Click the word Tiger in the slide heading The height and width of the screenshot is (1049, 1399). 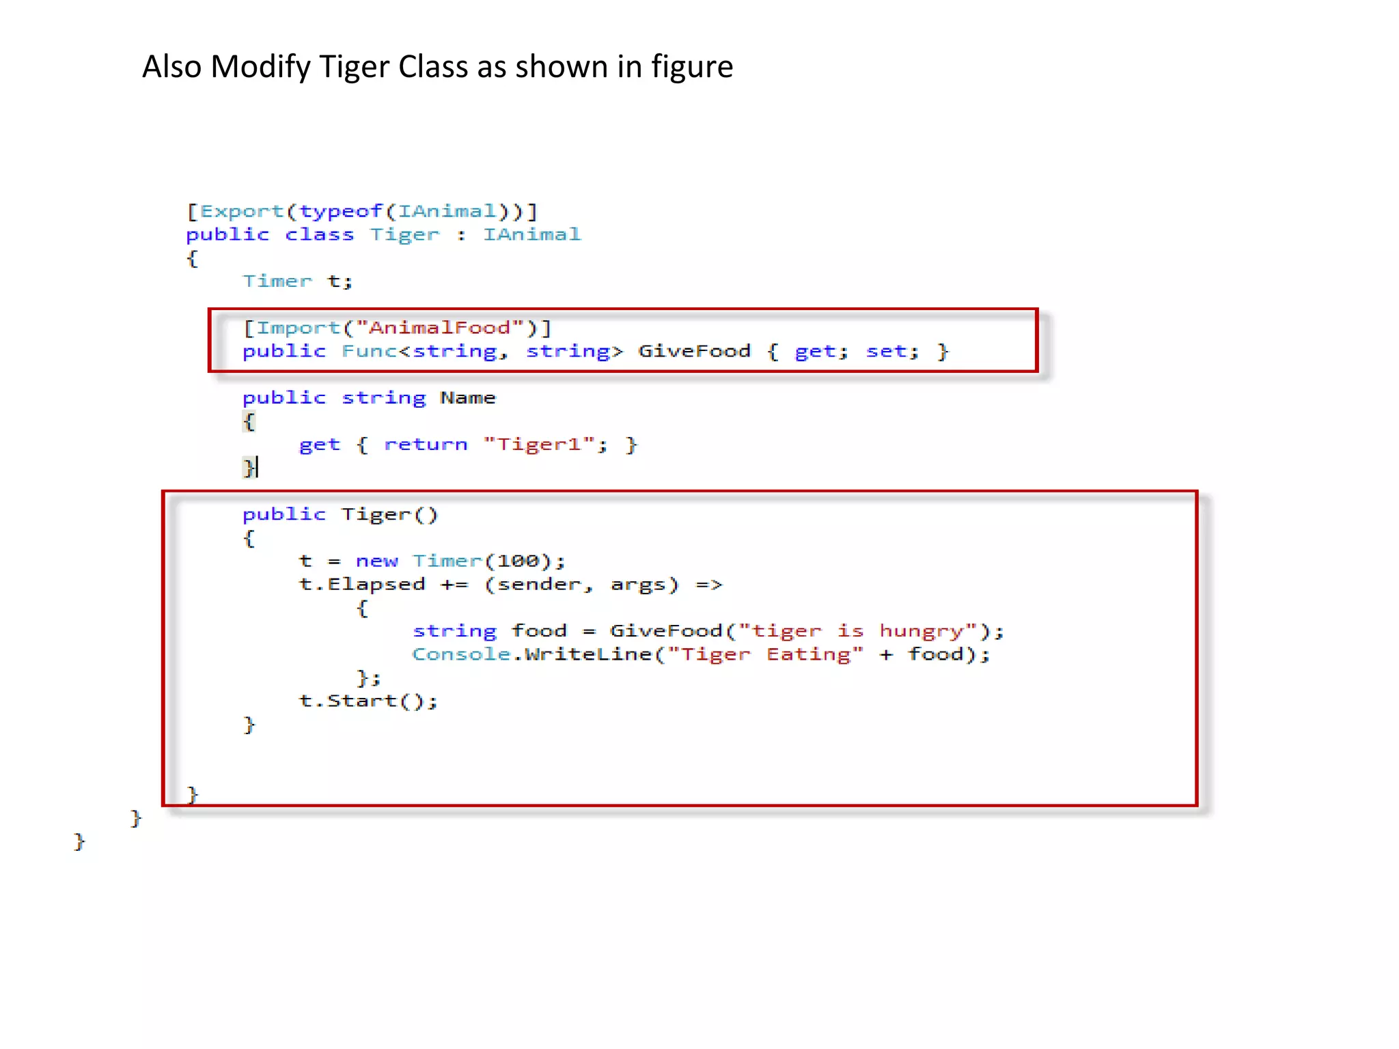click(x=354, y=67)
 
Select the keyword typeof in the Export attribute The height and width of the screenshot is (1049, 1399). click(x=340, y=211)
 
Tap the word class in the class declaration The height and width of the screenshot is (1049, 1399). click(x=319, y=235)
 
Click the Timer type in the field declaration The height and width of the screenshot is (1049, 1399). click(x=277, y=281)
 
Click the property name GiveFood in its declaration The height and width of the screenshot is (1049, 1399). click(x=694, y=351)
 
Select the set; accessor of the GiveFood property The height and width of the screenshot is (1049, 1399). click(x=892, y=351)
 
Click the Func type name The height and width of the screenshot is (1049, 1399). click(x=369, y=351)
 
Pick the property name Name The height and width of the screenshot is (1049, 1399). click(x=467, y=397)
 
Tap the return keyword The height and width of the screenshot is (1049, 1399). click(x=426, y=445)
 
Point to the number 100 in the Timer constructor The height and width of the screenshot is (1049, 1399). click(x=518, y=561)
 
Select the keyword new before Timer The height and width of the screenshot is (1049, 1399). click(x=376, y=561)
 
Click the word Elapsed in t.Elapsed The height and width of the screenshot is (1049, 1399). click(x=376, y=585)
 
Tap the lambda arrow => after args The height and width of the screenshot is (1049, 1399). click(x=708, y=585)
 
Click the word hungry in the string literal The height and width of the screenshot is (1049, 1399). click(x=927, y=631)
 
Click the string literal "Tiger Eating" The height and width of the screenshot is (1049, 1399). click(x=765, y=654)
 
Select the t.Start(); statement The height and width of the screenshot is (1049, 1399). click(x=368, y=701)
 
